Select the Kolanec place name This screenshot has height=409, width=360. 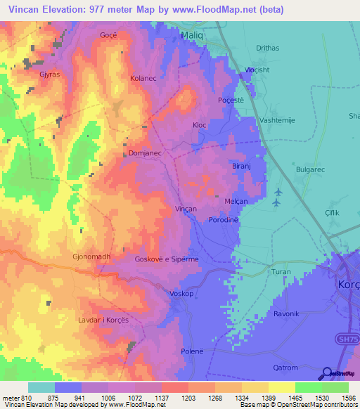pyautogui.click(x=143, y=79)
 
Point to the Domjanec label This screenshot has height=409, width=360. pyautogui.click(x=146, y=152)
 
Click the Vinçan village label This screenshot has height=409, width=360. pyautogui.click(x=186, y=209)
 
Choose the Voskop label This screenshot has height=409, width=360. pyautogui.click(x=181, y=294)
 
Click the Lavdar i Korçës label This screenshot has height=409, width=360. pyautogui.click(x=103, y=320)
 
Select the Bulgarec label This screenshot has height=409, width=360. pyautogui.click(x=310, y=170)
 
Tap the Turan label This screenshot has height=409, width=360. pyautogui.click(x=281, y=271)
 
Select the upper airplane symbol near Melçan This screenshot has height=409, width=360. pyautogui.click(x=278, y=192)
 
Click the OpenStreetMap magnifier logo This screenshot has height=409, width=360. pyautogui.click(x=326, y=374)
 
